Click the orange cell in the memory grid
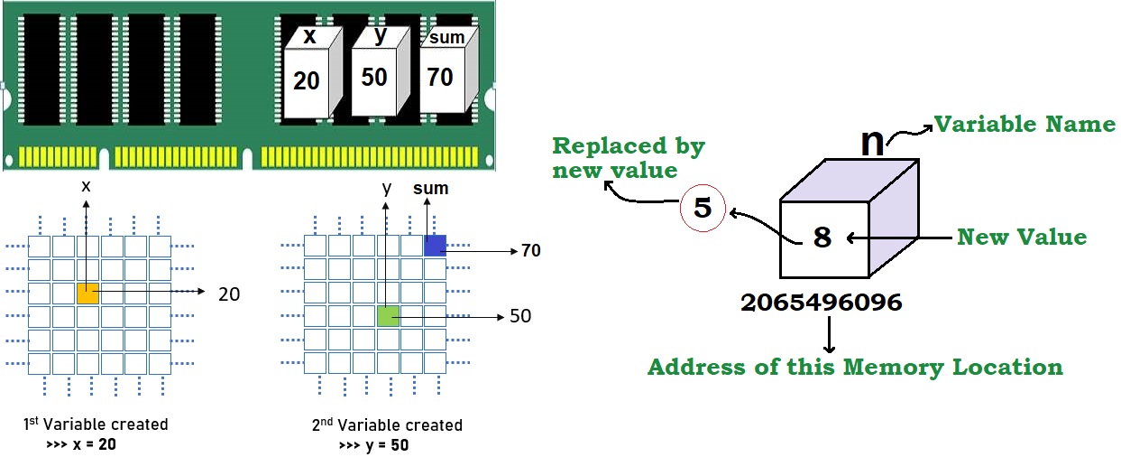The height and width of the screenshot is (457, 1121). coord(87,294)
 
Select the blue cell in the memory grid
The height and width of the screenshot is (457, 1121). coord(436,246)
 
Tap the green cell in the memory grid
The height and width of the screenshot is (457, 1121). coord(388,316)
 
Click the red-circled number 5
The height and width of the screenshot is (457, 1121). coord(703,209)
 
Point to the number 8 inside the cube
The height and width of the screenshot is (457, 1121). coord(822,238)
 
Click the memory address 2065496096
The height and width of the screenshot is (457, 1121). coord(821,303)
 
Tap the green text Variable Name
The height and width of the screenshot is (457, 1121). coord(1024,124)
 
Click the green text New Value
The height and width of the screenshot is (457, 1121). coord(1022,238)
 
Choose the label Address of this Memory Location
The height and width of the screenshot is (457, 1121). coord(855,368)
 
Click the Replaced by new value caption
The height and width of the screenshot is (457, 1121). coord(629,157)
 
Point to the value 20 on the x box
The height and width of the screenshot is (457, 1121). coord(307,81)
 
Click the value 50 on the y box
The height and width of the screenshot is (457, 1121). coord(374,77)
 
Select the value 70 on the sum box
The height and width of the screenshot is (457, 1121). coord(440,78)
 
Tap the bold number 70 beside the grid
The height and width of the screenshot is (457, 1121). coord(531,250)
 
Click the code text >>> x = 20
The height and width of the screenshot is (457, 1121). coord(80,444)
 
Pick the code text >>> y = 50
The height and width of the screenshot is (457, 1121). coord(374,445)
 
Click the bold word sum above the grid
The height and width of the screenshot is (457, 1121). coord(430,189)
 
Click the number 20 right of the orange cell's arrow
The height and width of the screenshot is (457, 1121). coord(230,294)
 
